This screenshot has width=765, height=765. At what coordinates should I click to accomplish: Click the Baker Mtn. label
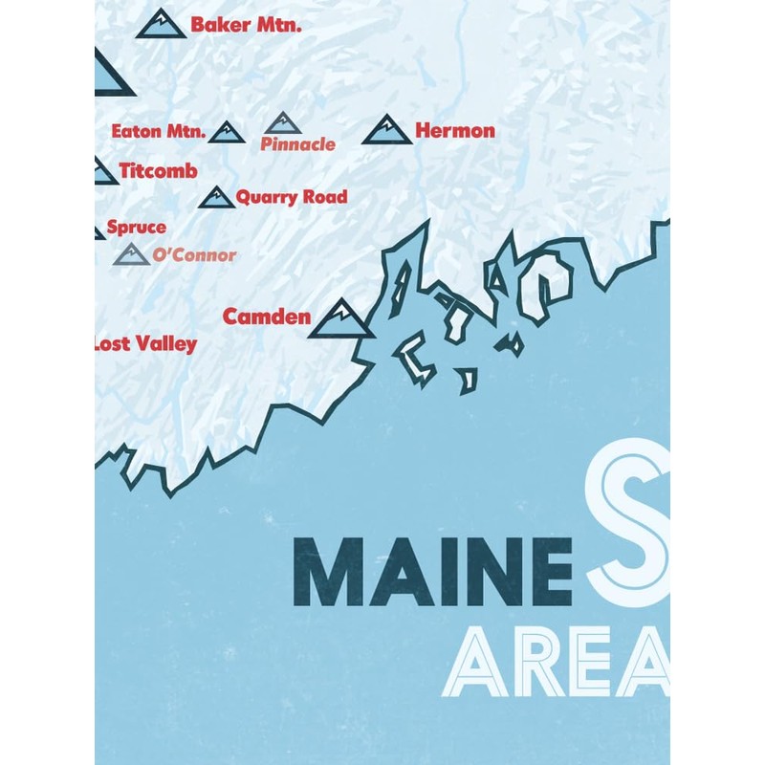tap(246, 25)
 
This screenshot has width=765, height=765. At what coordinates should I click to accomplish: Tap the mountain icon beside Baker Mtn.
tap(162, 25)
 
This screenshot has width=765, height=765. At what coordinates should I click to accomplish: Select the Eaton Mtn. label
tap(158, 132)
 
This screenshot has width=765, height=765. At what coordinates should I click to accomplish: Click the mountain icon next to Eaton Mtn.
tap(227, 133)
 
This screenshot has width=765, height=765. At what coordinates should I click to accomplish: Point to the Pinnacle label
tap(297, 144)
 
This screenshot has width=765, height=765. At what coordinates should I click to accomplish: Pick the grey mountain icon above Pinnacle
tap(282, 123)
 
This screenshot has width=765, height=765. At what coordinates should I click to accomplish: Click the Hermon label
tap(455, 130)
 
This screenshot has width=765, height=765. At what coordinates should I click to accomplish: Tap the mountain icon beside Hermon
tap(386, 130)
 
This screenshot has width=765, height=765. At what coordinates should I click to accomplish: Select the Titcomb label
tap(159, 171)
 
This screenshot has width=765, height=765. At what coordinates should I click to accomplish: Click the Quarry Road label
tap(292, 197)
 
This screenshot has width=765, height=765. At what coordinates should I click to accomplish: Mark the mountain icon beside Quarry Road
tap(217, 198)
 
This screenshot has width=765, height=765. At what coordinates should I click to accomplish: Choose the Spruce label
tap(136, 228)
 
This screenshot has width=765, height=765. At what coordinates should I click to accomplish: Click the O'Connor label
tap(194, 255)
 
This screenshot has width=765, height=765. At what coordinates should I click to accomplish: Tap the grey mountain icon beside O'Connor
tap(132, 254)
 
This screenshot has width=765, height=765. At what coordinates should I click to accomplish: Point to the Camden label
tap(267, 317)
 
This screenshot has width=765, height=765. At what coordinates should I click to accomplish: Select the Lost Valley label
tap(145, 344)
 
